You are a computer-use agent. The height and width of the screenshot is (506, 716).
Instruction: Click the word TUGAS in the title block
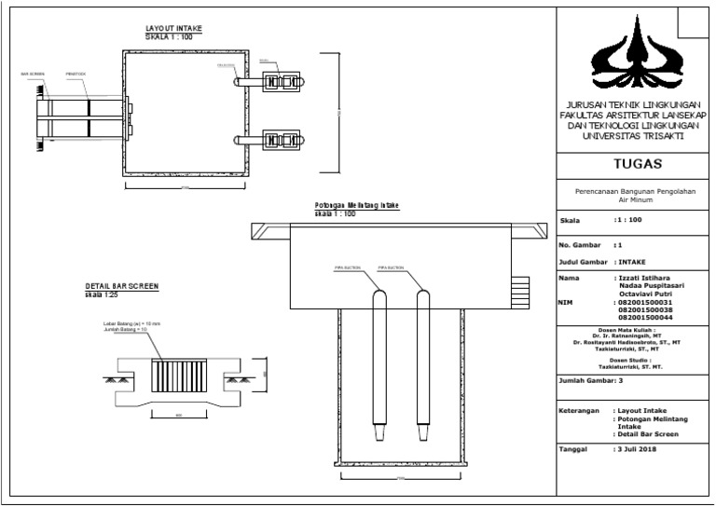point(633,164)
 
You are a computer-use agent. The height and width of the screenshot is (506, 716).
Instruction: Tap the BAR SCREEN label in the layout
point(30,72)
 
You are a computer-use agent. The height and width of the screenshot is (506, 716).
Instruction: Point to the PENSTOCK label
point(76,72)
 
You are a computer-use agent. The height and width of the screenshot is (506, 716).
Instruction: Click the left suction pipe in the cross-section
point(379,363)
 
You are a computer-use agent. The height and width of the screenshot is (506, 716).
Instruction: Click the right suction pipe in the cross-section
point(422,363)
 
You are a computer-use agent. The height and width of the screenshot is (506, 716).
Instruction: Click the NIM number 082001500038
point(645,311)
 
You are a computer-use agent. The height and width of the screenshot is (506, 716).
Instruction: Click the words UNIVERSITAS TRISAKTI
point(633,136)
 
